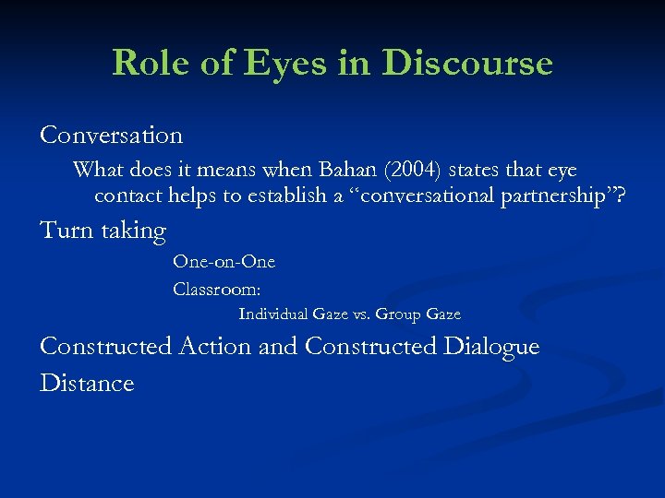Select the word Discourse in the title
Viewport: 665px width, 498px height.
[x=466, y=63]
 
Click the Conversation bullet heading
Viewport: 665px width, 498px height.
[x=112, y=136]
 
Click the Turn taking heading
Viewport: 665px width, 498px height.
[x=103, y=230]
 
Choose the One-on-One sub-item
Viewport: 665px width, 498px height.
[x=224, y=262]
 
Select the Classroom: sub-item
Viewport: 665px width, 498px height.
[x=217, y=290]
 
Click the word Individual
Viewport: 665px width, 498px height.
[x=274, y=314]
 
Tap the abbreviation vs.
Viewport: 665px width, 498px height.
[x=361, y=314]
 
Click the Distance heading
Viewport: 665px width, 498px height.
[x=87, y=383]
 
